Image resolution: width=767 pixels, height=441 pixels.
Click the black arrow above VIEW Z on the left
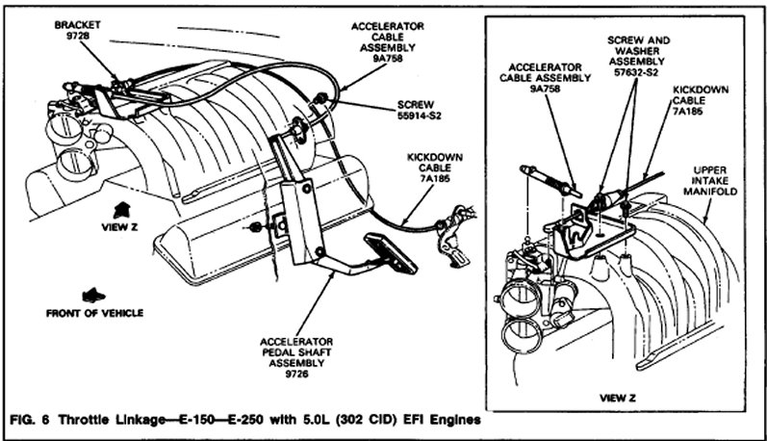[x=123, y=207]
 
